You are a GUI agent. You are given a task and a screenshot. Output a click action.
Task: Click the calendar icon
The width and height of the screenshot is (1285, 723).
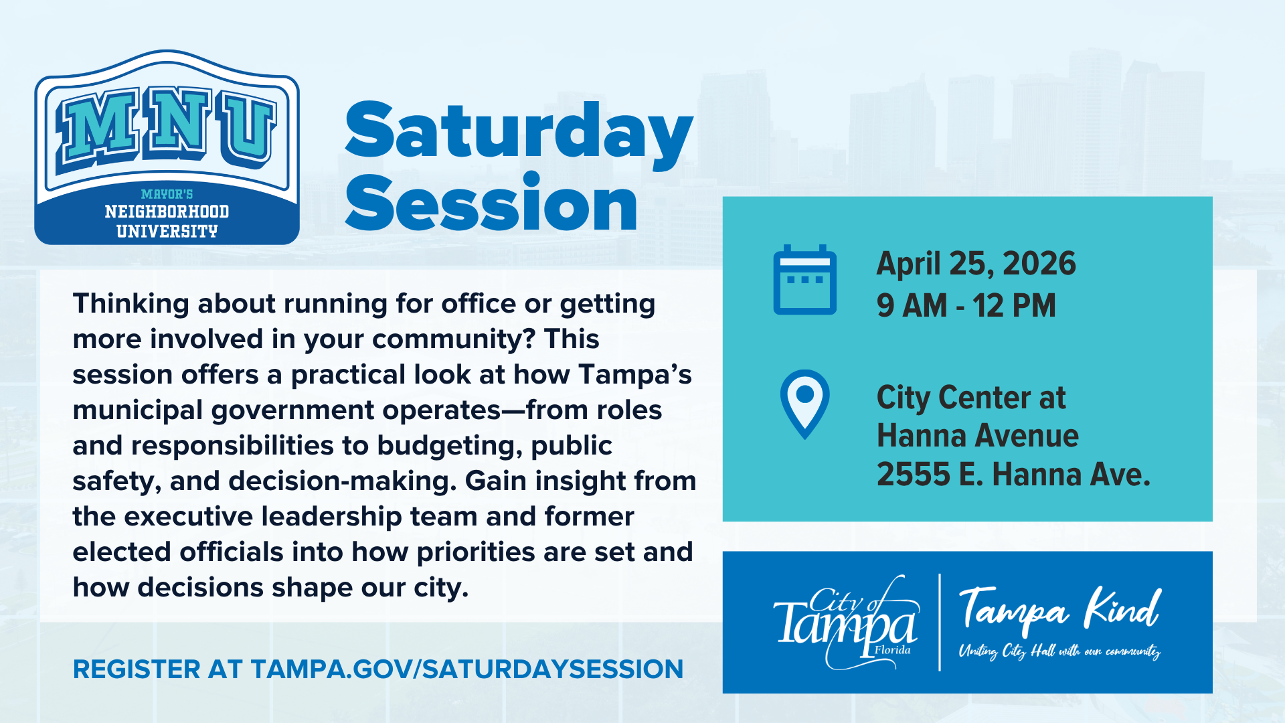804,280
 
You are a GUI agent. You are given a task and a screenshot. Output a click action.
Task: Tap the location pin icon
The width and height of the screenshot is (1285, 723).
804,404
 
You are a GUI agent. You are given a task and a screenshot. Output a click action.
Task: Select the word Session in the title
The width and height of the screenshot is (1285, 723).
491,202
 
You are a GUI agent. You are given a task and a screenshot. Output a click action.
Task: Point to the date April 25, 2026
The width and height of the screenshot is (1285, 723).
976,264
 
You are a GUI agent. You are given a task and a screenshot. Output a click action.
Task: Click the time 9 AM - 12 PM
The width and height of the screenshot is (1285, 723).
966,306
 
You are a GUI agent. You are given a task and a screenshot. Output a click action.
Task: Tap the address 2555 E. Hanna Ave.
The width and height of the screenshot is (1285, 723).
1013,475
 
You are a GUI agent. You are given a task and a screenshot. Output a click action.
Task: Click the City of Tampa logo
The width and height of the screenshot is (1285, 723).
846,623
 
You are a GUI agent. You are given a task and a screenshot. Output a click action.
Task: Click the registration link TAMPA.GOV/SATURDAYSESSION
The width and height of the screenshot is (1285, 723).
467,669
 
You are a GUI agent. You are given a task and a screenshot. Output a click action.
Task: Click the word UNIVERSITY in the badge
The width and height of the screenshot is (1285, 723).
167,232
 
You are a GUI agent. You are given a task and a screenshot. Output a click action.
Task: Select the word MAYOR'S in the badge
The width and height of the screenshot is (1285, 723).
167,194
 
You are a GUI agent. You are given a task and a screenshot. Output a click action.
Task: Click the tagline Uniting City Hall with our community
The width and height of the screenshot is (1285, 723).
1060,651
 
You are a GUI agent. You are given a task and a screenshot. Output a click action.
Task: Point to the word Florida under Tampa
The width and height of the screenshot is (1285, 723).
893,650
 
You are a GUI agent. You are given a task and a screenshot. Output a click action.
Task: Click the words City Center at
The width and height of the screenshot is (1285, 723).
971,398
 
